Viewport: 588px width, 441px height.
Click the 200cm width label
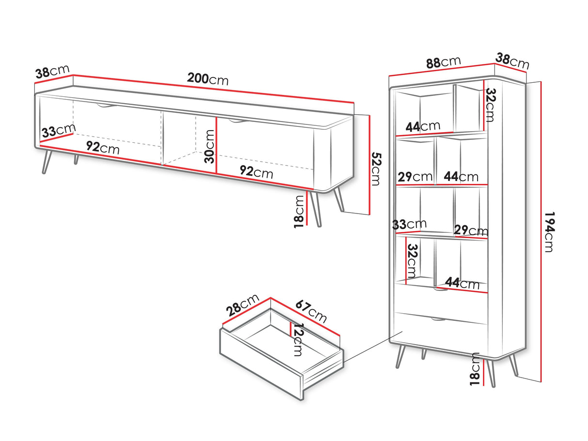tap(208, 79)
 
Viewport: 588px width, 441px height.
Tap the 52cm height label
tap(376, 169)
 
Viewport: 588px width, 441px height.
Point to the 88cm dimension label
tap(443, 62)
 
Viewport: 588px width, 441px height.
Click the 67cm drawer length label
tap(311, 312)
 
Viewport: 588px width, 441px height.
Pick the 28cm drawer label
tap(243, 304)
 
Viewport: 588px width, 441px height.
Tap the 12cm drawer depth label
tap(298, 339)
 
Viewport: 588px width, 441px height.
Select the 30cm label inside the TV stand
tap(210, 147)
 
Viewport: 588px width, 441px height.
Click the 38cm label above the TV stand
tap(52, 72)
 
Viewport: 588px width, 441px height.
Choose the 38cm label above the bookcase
tap(512, 61)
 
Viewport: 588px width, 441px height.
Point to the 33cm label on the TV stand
tap(59, 131)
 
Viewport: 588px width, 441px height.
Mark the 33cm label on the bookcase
tap(409, 225)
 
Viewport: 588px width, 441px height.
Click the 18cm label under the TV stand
tap(299, 212)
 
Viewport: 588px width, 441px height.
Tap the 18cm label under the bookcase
tap(475, 369)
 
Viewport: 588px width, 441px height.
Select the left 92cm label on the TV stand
tap(103, 148)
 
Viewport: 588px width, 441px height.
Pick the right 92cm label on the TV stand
tap(256, 172)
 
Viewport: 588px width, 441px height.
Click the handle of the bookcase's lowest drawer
tap(438, 319)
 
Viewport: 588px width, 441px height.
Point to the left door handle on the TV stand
tap(107, 106)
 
